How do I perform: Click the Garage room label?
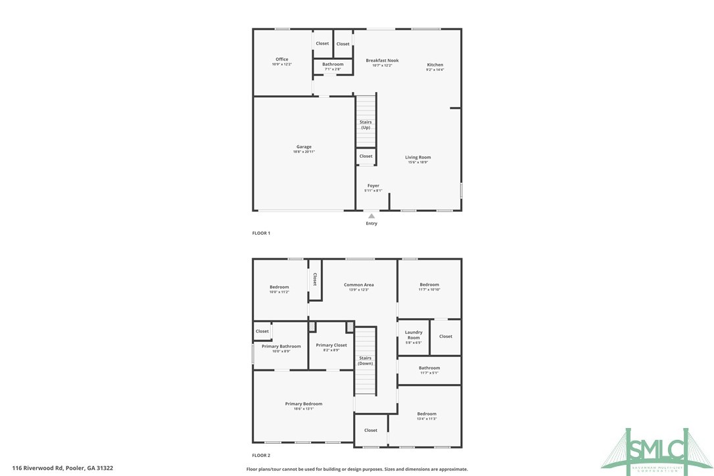(303, 147)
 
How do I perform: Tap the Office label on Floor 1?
(281, 60)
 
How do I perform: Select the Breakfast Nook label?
(382, 60)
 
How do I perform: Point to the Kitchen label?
(435, 65)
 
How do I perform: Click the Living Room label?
(417, 158)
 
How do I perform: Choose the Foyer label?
(373, 186)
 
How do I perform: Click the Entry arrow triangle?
(371, 216)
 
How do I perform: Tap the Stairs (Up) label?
(366, 125)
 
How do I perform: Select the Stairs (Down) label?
(365, 361)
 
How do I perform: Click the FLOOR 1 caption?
(261, 233)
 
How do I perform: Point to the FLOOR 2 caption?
(261, 455)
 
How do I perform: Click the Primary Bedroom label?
(303, 404)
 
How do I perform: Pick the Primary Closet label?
(331, 346)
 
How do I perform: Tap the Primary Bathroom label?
(281, 346)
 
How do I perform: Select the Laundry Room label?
(414, 335)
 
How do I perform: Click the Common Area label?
(358, 285)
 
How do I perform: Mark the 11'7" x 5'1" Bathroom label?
(429, 368)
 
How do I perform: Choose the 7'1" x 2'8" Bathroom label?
(333, 64)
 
